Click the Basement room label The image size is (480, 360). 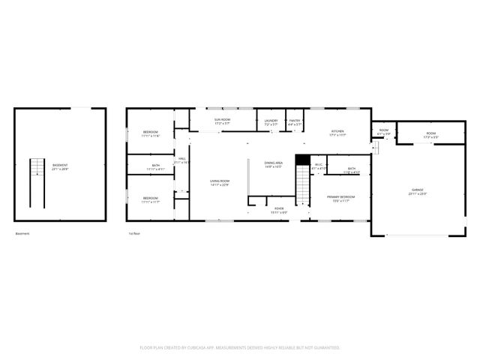click(60, 167)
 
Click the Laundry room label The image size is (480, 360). click(271, 122)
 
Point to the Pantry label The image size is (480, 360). click(295, 122)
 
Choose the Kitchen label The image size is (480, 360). click(337, 133)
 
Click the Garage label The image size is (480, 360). click(418, 192)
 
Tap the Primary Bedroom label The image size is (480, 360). click(340, 198)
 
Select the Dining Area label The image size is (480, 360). click(273, 164)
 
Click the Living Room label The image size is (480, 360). click(220, 182)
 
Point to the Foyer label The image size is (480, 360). click(278, 210)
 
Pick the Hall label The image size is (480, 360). click(181, 160)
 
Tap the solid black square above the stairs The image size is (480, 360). click(302, 160)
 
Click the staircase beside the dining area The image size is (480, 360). click(301, 184)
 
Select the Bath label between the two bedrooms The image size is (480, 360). click(155, 167)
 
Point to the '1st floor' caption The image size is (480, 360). click(134, 233)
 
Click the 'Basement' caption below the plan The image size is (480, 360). click(22, 233)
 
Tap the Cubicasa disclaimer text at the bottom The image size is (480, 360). click(240, 347)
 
